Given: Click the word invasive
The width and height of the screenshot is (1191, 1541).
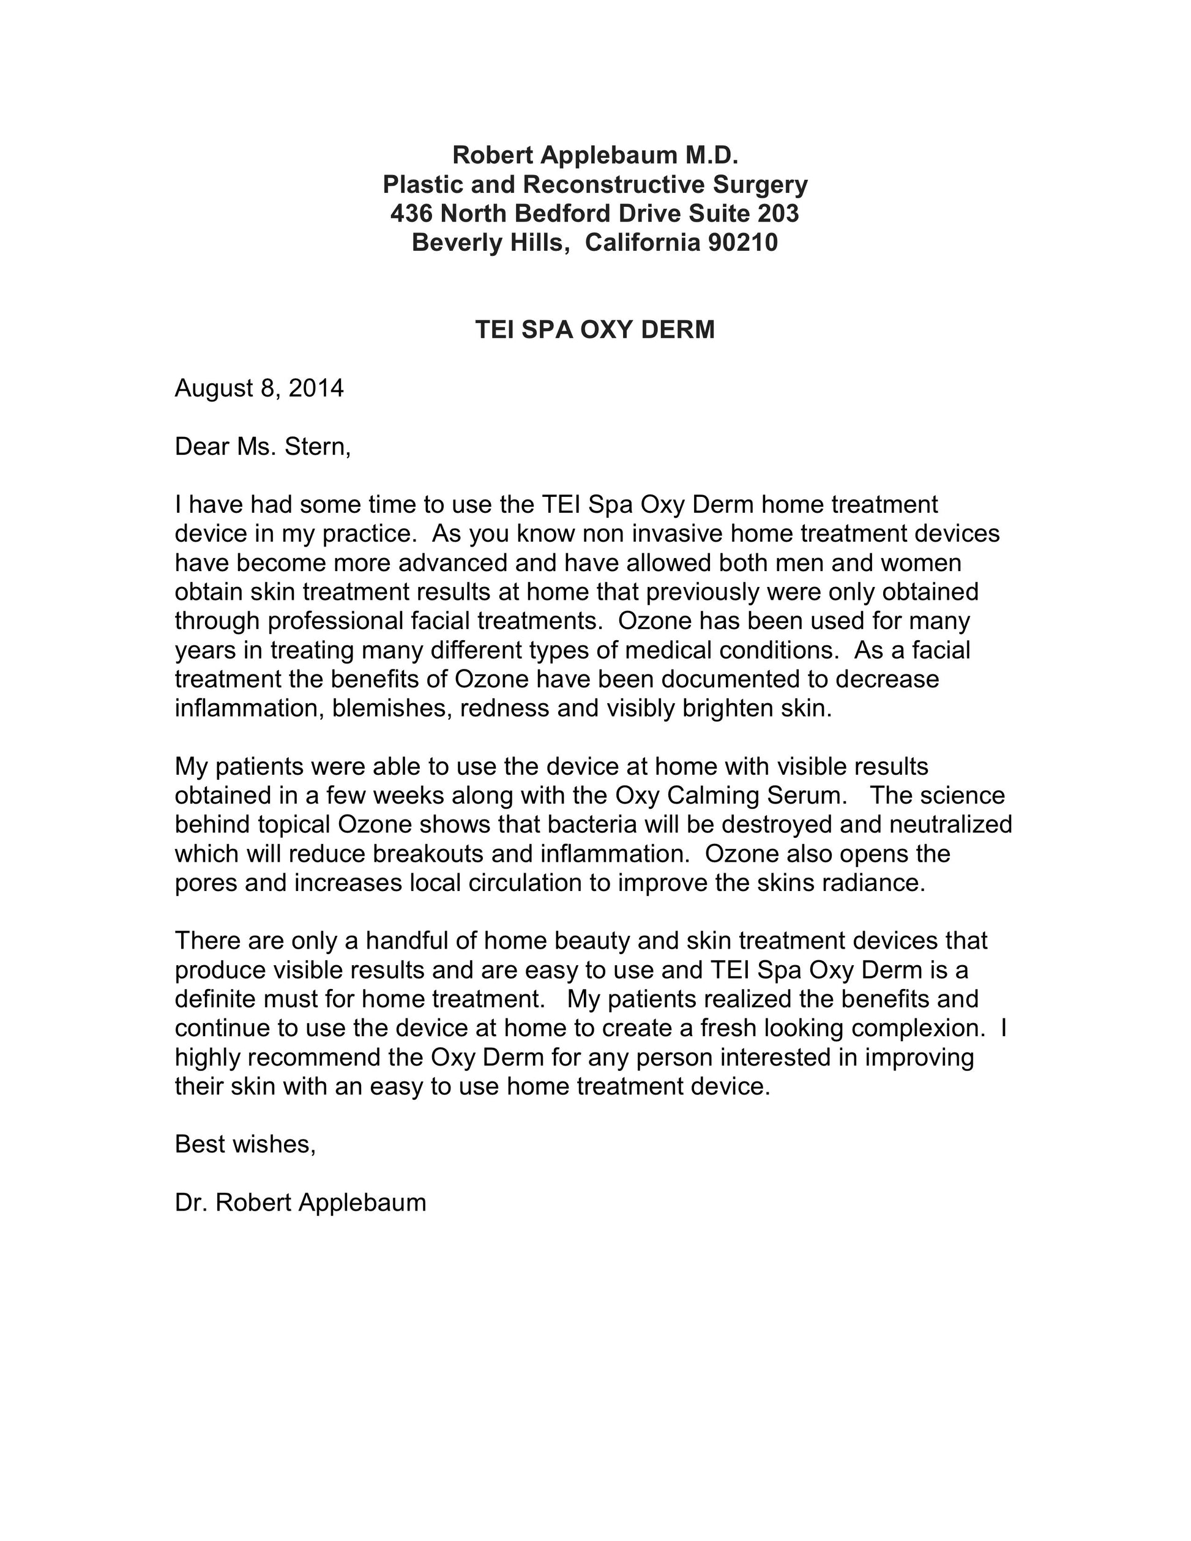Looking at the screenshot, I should pyautogui.click(x=668, y=534).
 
